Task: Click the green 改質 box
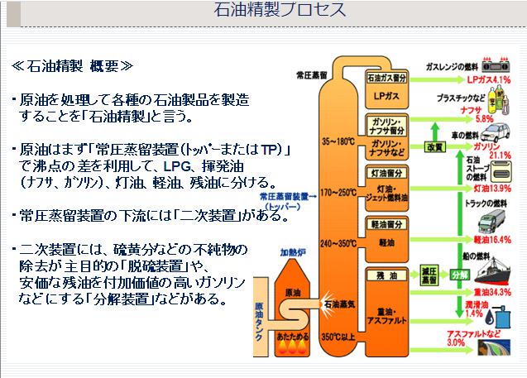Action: pos(435,146)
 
